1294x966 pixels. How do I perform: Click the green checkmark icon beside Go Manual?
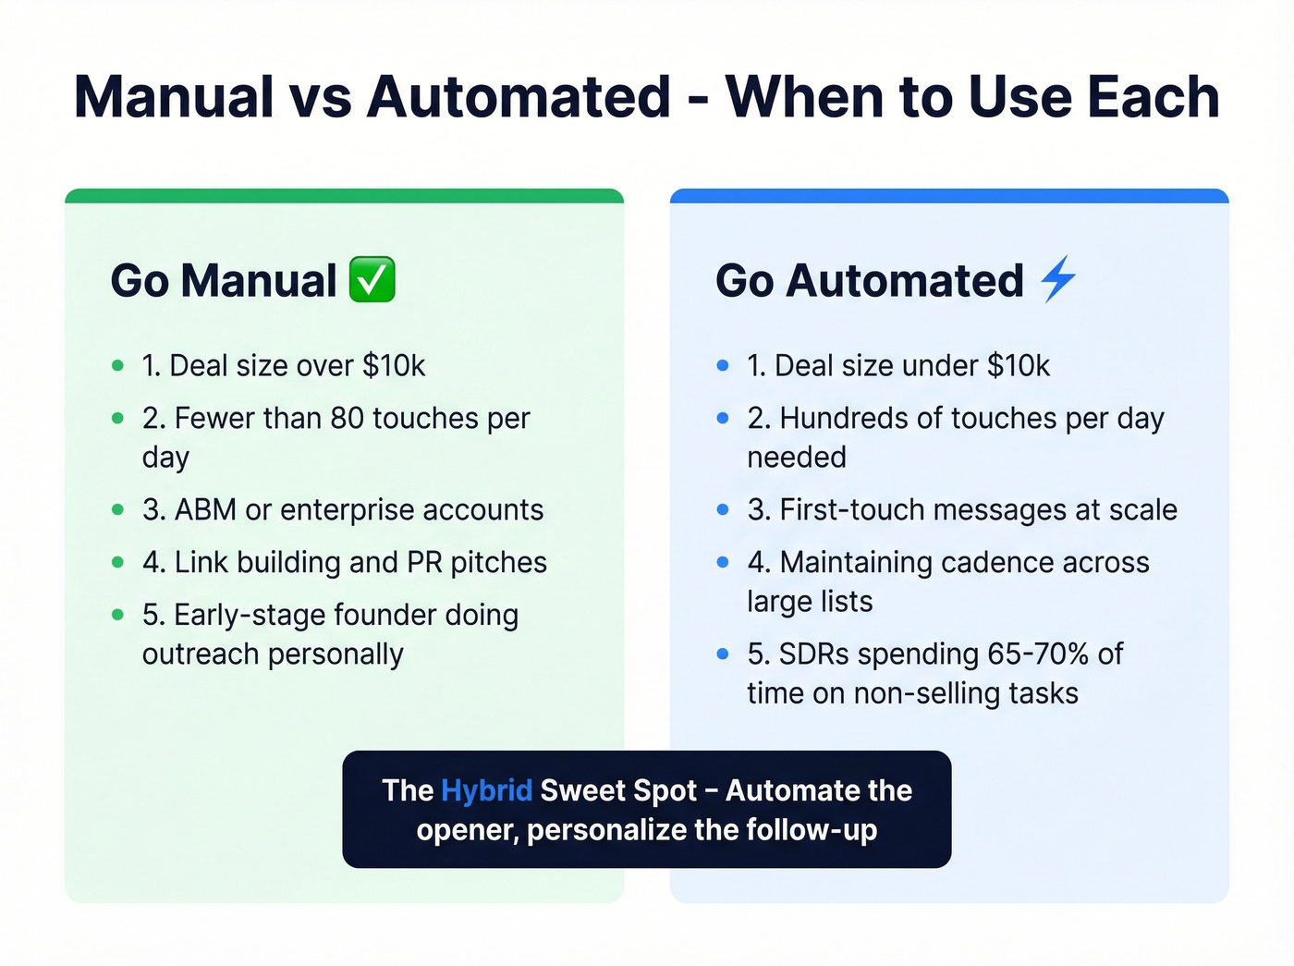pos(372,280)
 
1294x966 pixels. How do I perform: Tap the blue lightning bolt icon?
pos(1058,279)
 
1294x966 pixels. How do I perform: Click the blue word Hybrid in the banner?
pos(486,790)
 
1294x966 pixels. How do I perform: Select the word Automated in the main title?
pos(519,97)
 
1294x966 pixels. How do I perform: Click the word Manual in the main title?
pos(174,97)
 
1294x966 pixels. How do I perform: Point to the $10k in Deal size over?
pos(394,366)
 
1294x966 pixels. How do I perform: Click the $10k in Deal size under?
pos(1019,366)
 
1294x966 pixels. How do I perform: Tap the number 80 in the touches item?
pos(347,419)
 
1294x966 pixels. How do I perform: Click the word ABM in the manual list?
pos(205,510)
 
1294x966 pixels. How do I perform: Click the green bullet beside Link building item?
pos(117,562)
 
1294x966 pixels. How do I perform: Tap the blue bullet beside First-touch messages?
pos(723,510)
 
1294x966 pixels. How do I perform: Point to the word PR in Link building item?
pos(424,563)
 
